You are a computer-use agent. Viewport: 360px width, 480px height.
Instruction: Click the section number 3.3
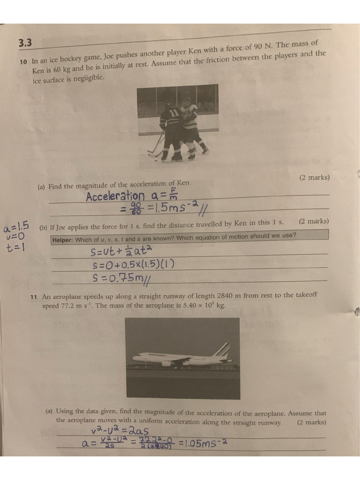click(x=25, y=43)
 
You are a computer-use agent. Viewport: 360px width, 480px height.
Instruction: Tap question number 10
click(x=22, y=61)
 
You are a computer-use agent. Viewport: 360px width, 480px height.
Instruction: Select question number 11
click(x=33, y=297)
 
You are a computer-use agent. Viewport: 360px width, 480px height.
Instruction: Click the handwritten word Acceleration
click(x=115, y=196)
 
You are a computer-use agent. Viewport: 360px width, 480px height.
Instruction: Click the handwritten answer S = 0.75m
click(x=120, y=278)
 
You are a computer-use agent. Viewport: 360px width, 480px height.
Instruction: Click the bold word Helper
click(x=62, y=240)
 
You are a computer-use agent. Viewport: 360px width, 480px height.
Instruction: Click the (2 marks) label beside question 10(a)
click(x=314, y=178)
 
